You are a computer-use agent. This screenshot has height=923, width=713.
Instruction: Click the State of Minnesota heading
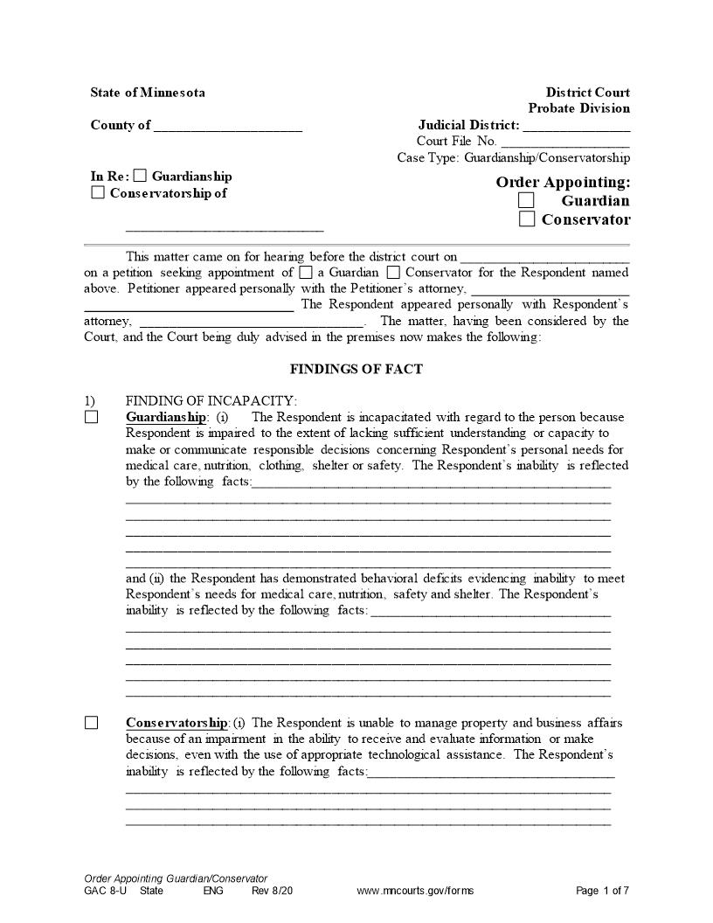148,93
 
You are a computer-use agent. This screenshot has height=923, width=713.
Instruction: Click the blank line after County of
228,126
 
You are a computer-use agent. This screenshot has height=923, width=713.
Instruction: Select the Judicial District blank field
576,126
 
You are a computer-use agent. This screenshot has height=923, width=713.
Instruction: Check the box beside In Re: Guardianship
141,176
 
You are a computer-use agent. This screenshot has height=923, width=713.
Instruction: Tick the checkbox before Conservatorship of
98,192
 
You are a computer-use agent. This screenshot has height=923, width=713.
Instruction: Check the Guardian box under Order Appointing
526,200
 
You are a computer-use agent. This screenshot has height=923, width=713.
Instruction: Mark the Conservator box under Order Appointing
526,219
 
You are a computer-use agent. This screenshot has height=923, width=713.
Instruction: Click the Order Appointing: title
563,182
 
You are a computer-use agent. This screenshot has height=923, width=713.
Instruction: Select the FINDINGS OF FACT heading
356,369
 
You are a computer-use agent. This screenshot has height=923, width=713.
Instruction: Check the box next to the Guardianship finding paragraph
92,417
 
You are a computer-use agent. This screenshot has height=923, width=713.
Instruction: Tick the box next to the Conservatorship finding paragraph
92,723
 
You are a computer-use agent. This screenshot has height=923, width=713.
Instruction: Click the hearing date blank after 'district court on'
544,258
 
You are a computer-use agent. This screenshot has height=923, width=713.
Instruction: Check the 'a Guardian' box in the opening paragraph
305,273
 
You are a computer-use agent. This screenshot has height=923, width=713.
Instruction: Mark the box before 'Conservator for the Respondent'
392,273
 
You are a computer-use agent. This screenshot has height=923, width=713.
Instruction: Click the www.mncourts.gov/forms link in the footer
415,891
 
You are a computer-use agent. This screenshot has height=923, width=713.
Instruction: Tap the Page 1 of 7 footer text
602,891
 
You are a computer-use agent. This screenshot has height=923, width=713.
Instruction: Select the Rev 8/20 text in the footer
272,891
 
